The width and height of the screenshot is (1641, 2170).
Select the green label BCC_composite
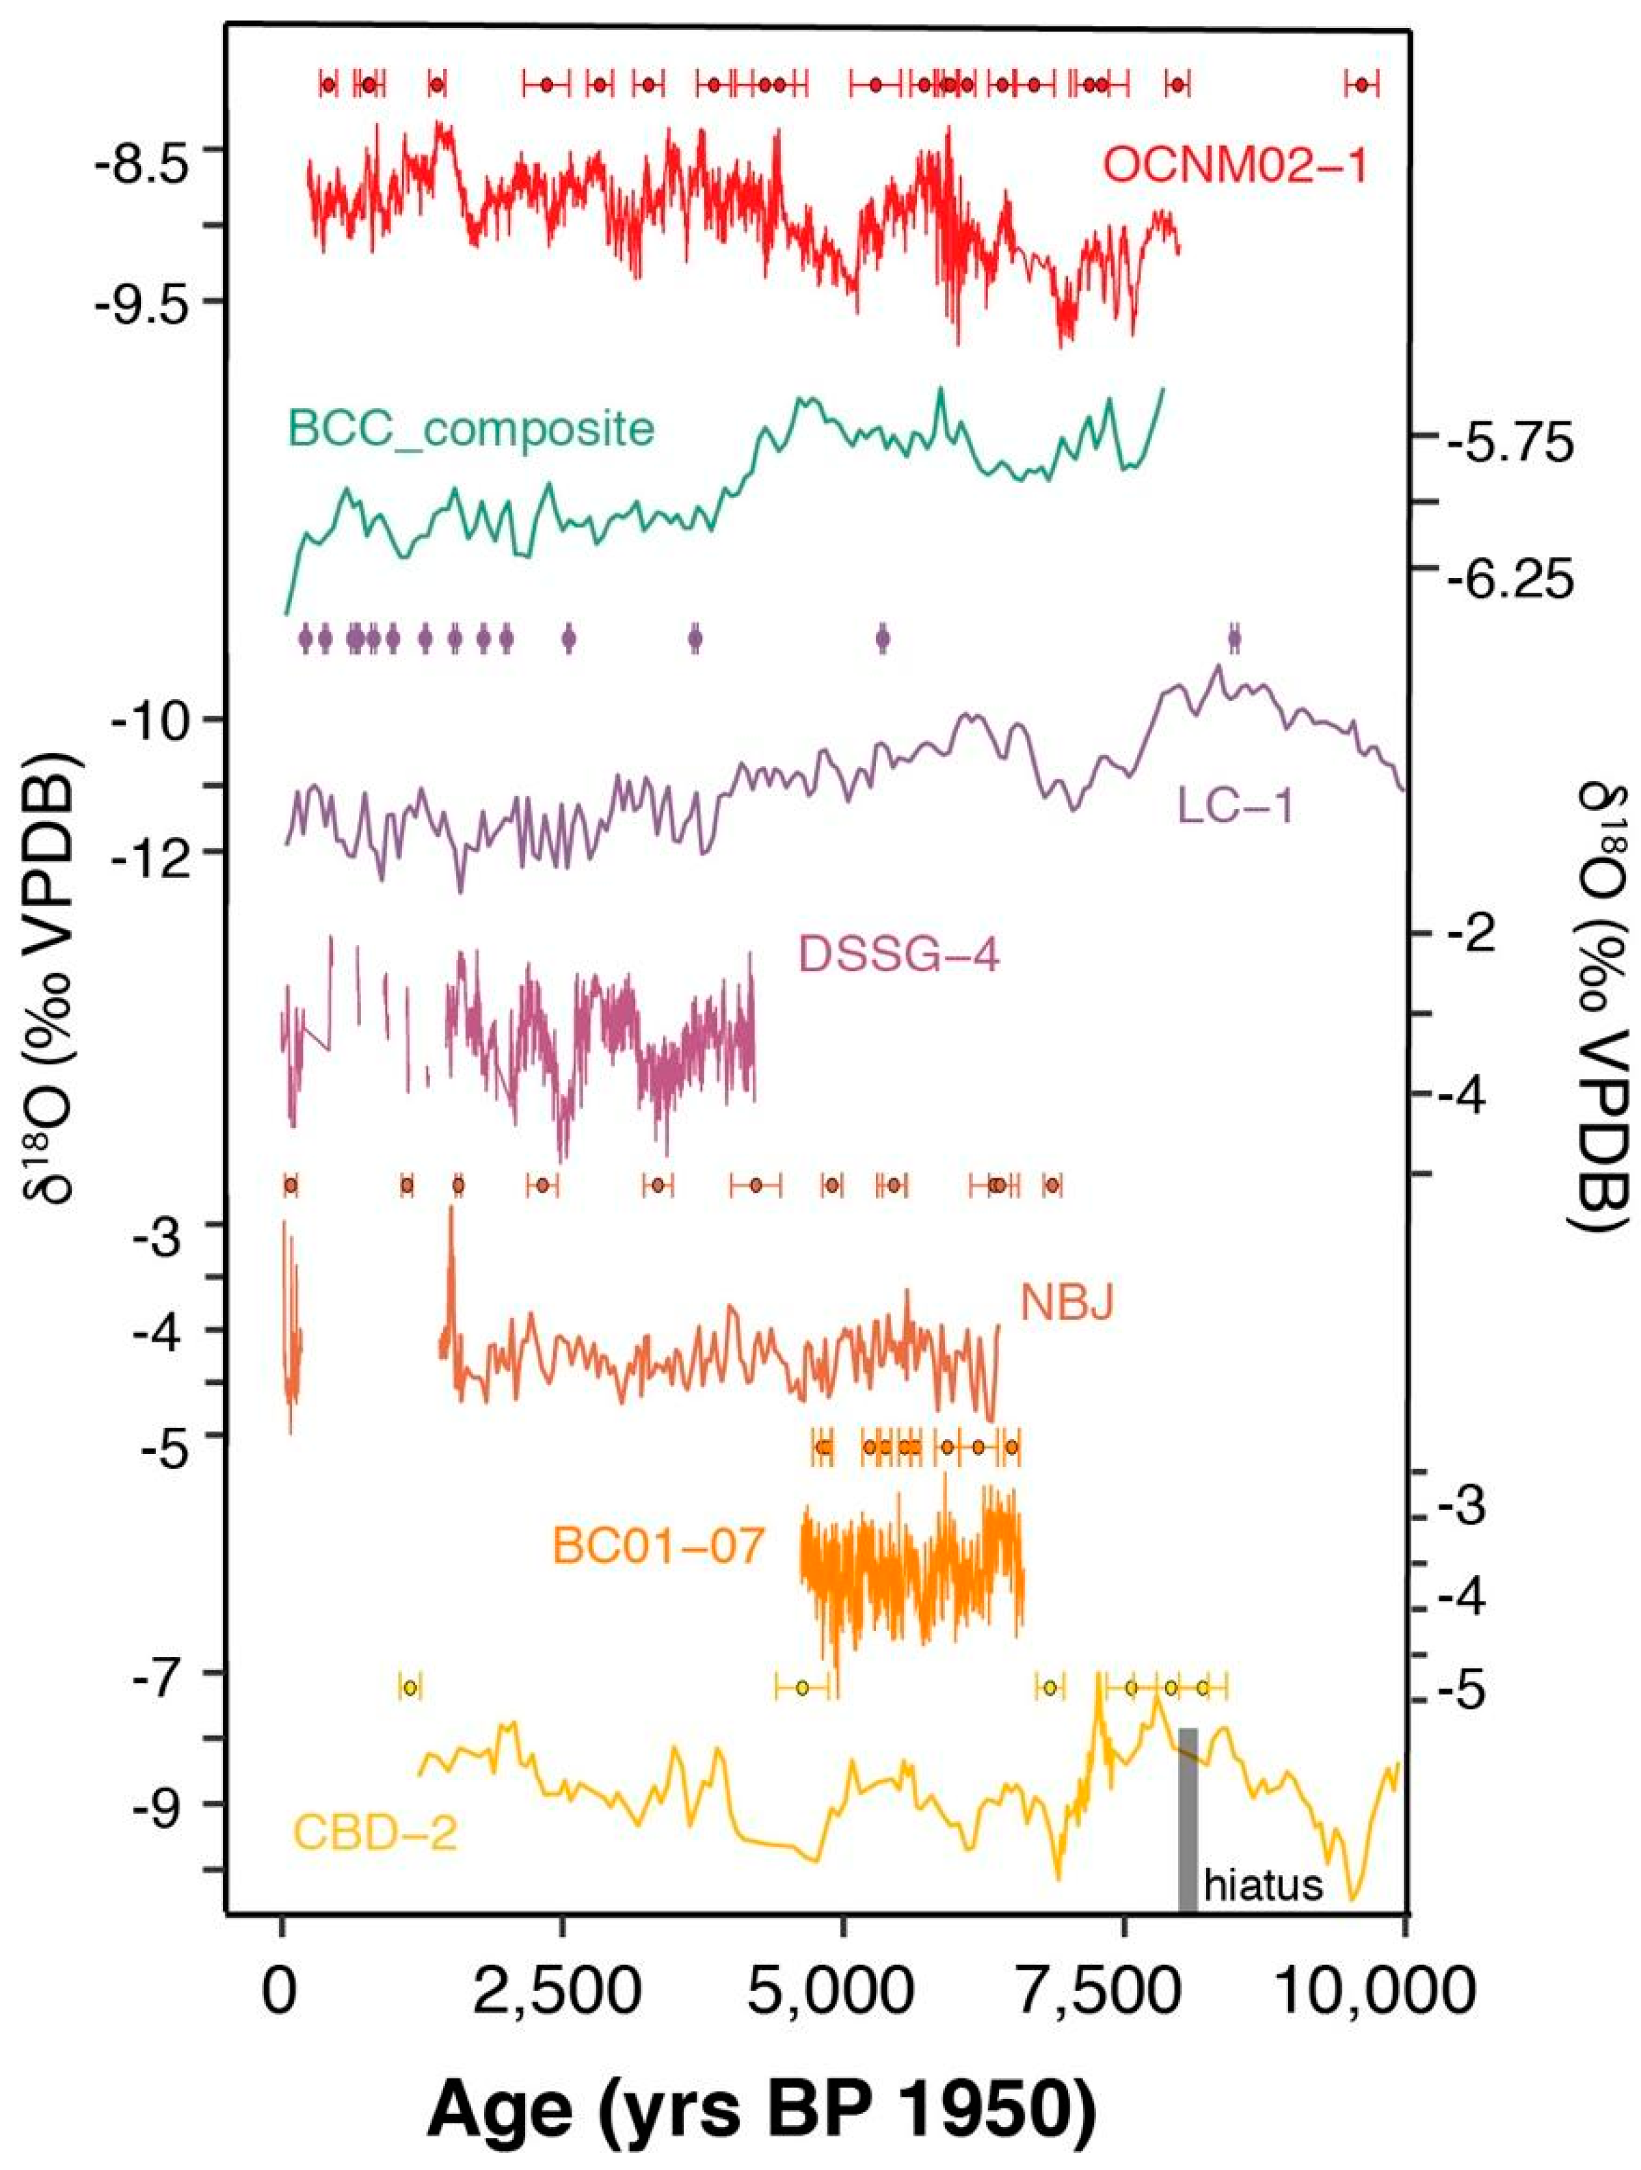tap(471, 429)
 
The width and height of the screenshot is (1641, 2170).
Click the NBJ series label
tap(1067, 1304)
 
